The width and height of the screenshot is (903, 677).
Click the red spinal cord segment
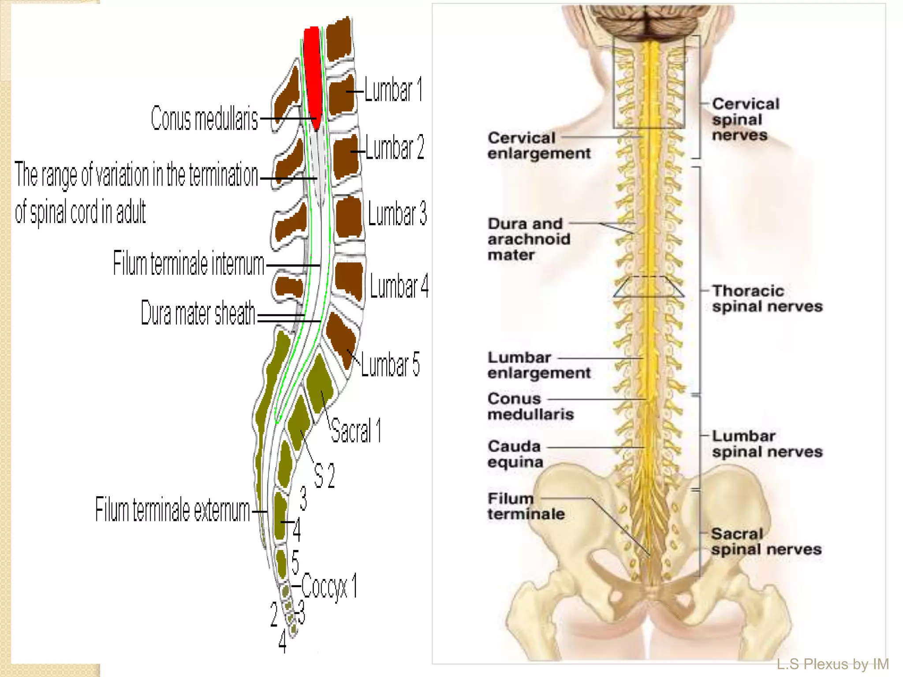coord(313,75)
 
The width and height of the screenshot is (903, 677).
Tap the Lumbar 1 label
coord(393,90)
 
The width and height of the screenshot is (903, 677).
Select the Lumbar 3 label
coord(397,214)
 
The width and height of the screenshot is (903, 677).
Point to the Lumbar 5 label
coord(390,365)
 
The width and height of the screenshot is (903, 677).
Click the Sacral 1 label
coord(355,430)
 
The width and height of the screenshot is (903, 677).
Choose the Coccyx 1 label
coord(329,587)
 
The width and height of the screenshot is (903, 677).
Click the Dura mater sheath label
coord(198,313)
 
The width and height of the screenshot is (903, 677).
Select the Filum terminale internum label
coord(188,264)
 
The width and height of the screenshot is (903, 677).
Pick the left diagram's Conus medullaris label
coord(204,119)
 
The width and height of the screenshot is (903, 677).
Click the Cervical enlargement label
coord(538,145)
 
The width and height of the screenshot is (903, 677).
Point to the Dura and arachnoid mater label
coord(529,239)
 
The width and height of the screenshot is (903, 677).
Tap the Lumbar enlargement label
coord(538,365)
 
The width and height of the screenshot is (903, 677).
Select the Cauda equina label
coord(515,454)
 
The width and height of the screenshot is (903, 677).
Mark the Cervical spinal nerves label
coord(746,119)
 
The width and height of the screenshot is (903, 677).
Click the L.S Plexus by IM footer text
coord(832,664)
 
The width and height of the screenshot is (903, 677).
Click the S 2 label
coord(324,476)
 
